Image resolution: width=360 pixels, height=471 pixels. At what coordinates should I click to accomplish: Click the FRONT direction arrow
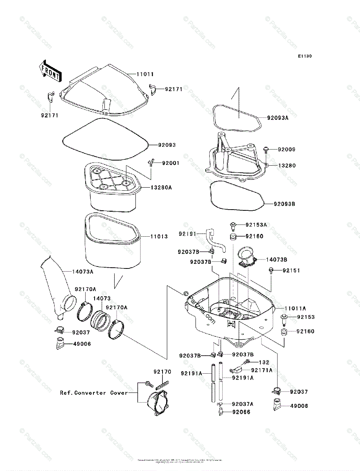point(50,70)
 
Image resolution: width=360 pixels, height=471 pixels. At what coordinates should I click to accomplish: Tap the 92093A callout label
point(278,117)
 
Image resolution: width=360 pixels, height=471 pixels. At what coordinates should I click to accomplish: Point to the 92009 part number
point(287,150)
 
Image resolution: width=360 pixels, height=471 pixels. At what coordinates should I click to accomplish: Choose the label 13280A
point(161,188)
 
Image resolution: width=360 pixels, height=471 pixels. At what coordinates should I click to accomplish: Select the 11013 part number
point(159,237)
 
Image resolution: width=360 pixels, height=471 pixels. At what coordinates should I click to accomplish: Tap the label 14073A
point(83,272)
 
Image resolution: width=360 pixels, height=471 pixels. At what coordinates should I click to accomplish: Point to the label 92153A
point(256,225)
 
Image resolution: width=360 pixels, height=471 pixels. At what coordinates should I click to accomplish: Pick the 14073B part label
point(276,259)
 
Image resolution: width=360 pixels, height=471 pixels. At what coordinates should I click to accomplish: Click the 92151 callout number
point(289,270)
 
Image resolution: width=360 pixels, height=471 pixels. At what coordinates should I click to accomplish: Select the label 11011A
point(295,309)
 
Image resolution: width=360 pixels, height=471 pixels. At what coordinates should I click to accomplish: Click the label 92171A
point(261,370)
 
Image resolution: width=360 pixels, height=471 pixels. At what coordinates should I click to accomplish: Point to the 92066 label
point(241,412)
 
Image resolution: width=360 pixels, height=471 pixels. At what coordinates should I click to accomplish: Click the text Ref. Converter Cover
point(94,392)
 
